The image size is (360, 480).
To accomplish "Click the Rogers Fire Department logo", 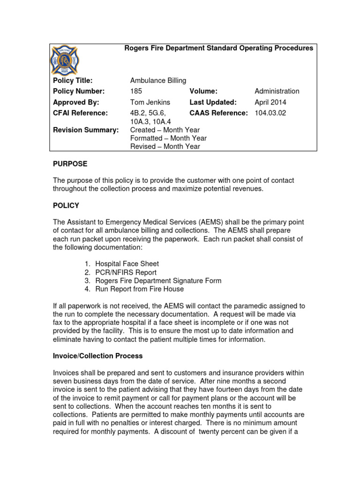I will [x=64, y=60].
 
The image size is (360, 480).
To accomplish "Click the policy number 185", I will [x=136, y=91].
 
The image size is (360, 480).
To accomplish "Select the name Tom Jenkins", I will [x=150, y=102].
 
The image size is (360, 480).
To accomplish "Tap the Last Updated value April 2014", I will [x=270, y=102].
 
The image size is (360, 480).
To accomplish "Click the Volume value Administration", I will [x=277, y=91].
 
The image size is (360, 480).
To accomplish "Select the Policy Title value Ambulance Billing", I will [x=158, y=81].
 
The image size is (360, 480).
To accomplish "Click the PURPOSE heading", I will [x=70, y=164].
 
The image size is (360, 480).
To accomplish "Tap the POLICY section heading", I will [x=66, y=205].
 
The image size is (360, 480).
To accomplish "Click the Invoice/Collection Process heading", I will [x=97, y=356].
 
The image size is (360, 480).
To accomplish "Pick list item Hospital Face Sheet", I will [x=127, y=264].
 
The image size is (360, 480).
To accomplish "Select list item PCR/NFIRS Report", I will [x=125, y=272].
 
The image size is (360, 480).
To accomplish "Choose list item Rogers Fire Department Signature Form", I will [x=158, y=281].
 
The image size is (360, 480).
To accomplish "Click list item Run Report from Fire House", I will [x=139, y=289].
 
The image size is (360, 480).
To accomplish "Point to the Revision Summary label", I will [x=86, y=130].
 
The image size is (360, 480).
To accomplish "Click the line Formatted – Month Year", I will [x=168, y=138].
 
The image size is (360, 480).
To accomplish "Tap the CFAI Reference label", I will [x=80, y=113].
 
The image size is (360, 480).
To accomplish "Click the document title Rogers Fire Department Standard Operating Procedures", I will [x=218, y=48].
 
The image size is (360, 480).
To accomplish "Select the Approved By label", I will [x=76, y=102].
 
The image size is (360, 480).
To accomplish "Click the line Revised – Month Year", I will [x=165, y=147].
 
